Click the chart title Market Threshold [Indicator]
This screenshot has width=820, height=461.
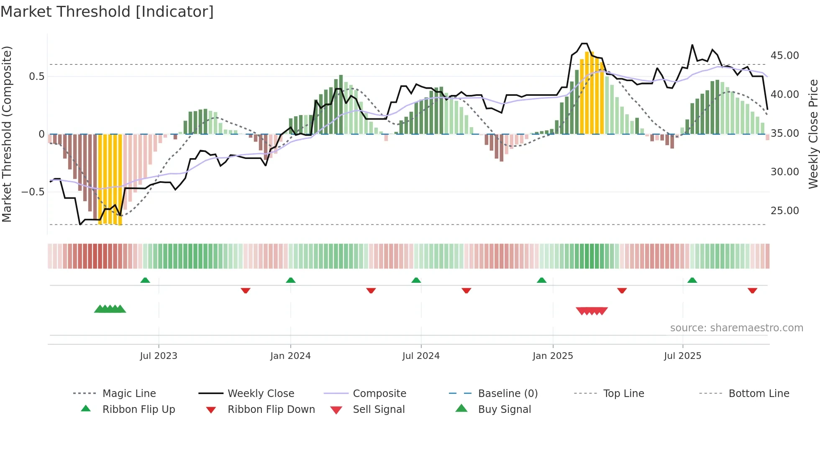point(107,12)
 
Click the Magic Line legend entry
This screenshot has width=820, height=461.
point(129,393)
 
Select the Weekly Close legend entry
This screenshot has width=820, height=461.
point(261,393)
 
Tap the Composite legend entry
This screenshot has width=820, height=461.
point(379,393)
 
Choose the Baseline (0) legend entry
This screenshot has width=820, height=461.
point(507,393)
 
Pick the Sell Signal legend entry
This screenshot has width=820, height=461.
point(379,409)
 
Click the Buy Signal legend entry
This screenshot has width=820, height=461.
point(504,409)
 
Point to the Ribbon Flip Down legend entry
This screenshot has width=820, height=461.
point(271,409)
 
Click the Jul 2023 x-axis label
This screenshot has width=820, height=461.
point(159,356)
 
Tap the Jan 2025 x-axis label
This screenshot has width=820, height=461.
point(553,356)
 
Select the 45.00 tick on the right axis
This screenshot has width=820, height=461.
point(784,56)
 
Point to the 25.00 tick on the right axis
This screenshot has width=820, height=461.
point(784,210)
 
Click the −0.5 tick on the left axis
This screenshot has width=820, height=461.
point(33,192)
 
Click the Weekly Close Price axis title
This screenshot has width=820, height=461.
point(813,134)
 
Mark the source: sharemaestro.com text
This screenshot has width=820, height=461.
point(736,328)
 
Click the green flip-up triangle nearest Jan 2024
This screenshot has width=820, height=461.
point(291,280)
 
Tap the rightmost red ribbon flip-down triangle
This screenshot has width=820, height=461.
point(752,290)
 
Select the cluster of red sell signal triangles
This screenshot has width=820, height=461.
point(592,311)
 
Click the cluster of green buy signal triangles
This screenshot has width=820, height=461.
point(110,309)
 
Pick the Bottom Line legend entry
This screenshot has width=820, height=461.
point(758,393)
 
